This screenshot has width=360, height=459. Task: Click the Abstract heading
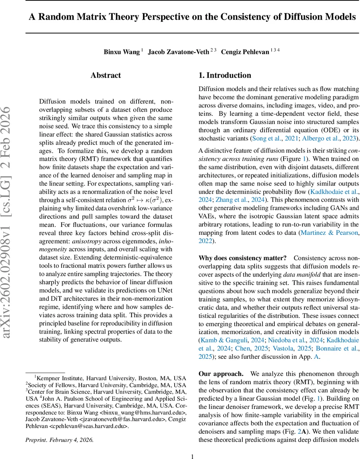(105, 75)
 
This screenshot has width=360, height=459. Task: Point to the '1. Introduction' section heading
(225, 75)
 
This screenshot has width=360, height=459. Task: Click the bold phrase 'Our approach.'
(221, 374)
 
